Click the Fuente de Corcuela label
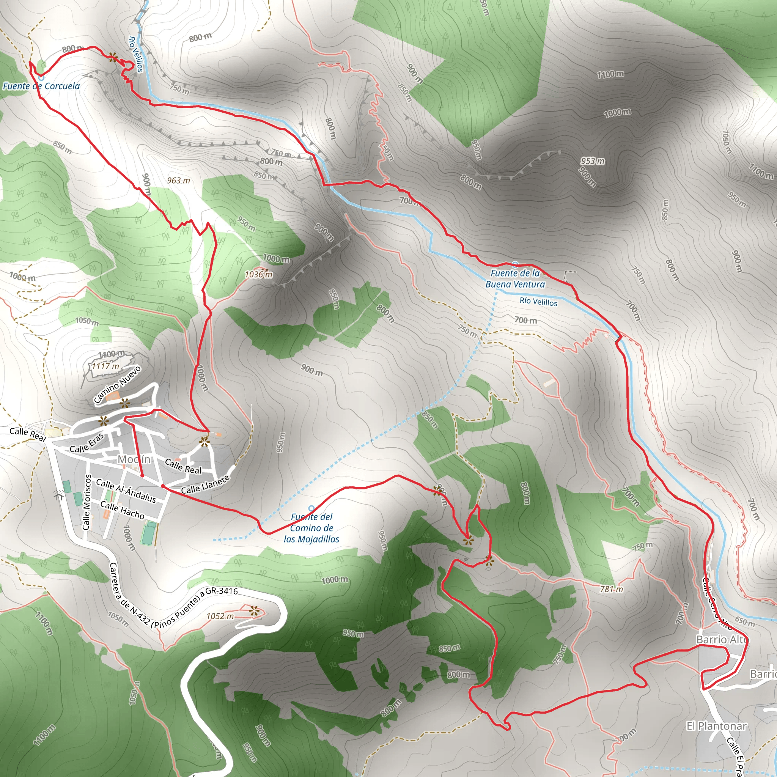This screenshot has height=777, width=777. point(41,86)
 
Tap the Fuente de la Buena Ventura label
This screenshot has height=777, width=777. point(515,279)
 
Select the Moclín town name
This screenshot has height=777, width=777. point(134,459)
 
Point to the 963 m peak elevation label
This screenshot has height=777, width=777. point(179,181)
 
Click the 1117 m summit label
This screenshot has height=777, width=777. point(105,366)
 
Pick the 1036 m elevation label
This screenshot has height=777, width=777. point(259,275)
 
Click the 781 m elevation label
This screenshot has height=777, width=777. point(611,589)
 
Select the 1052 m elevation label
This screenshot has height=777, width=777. point(220,616)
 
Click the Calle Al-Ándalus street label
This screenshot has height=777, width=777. point(126,491)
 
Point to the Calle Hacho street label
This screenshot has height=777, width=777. point(122,510)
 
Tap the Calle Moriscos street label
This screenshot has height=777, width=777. point(87,502)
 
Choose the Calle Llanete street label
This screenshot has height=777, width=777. point(205,484)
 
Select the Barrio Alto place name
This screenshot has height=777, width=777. point(722,639)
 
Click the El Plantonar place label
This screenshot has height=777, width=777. point(716,726)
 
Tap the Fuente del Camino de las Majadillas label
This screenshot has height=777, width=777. point(312,528)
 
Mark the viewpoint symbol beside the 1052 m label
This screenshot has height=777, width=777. point(254,612)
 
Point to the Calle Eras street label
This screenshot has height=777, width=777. point(87,443)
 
